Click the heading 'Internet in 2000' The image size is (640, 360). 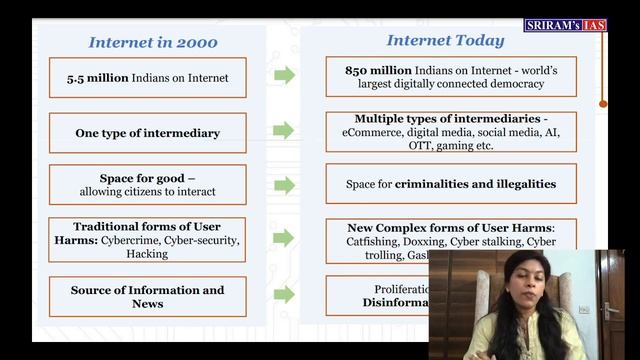[x=153, y=42]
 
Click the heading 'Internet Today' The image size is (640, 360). [x=445, y=41]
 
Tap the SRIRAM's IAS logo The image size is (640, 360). [x=565, y=24]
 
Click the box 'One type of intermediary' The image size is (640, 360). [x=147, y=132]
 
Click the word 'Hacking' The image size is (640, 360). [x=147, y=254]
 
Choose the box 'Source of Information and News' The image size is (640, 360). [x=147, y=296]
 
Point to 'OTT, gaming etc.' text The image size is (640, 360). [x=451, y=145]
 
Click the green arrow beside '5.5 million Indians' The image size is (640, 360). [x=285, y=76]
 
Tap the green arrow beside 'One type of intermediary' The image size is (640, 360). [x=285, y=131]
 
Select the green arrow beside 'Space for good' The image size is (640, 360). [x=285, y=185]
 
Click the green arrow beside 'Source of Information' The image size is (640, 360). [x=285, y=294]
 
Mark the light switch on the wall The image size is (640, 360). [x=584, y=309]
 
